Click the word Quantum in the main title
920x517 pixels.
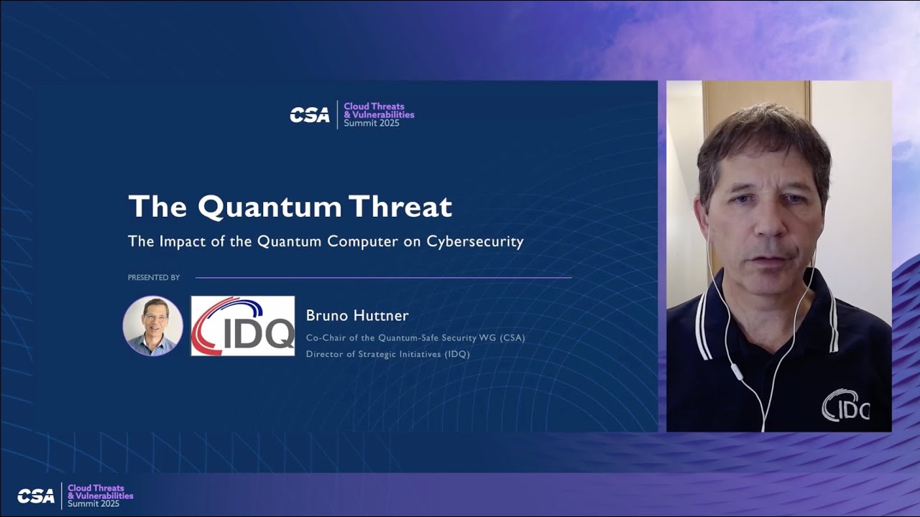pyautogui.click(x=270, y=207)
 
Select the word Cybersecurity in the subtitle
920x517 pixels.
pyautogui.click(x=475, y=241)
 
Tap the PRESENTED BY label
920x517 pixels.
pyautogui.click(x=154, y=278)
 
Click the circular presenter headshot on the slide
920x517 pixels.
pyautogui.click(x=152, y=325)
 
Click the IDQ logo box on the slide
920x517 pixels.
pyautogui.click(x=242, y=325)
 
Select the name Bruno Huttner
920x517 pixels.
pyautogui.click(x=357, y=315)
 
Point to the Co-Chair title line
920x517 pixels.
pyautogui.click(x=415, y=337)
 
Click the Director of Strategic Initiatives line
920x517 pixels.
pyautogui.click(x=387, y=354)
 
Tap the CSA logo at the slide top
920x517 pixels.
pyautogui.click(x=310, y=115)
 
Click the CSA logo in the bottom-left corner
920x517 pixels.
pyautogui.click(x=36, y=495)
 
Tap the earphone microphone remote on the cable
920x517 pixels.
pyautogui.click(x=735, y=372)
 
